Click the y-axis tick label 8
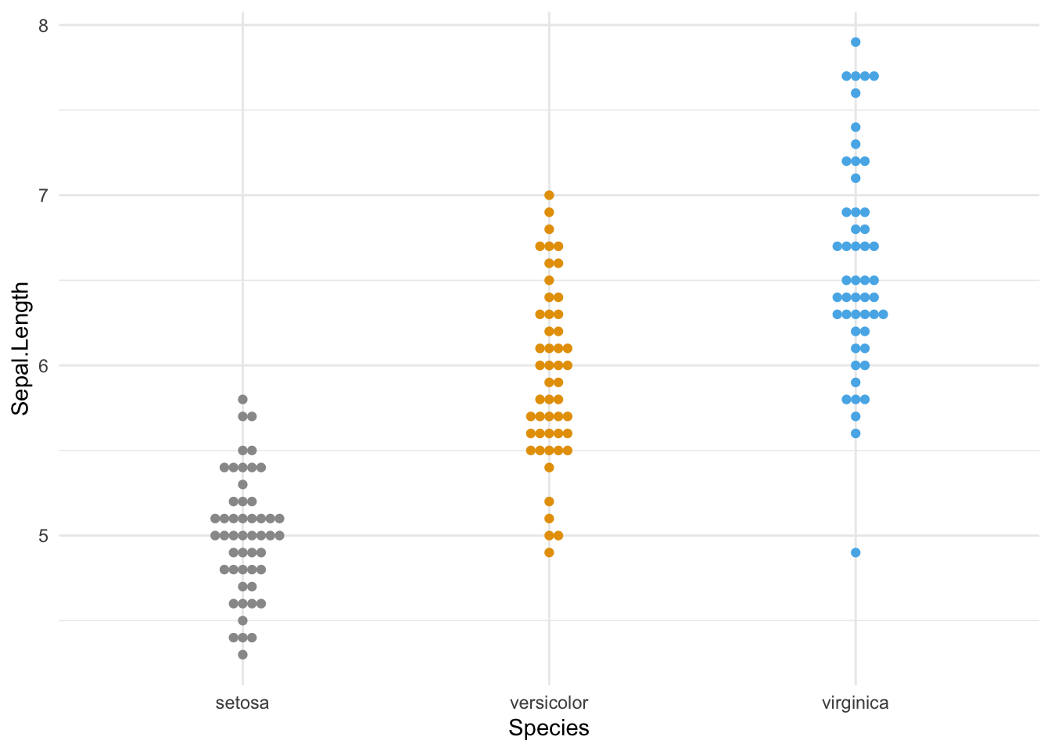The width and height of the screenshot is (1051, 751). coord(43,26)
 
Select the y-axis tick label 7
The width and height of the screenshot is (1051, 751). coord(43,196)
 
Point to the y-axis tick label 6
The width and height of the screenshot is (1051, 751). coord(43,365)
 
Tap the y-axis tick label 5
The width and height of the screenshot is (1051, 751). coord(43,536)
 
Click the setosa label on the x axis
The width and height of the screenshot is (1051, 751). coord(242,702)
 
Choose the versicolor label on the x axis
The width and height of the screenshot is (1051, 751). coord(549,702)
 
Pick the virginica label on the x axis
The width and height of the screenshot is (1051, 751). coord(855,702)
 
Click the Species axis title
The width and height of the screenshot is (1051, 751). coord(549,728)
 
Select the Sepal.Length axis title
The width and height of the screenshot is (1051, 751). coord(21,348)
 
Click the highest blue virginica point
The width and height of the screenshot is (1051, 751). coord(856,42)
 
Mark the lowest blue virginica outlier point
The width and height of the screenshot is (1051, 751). coord(856,552)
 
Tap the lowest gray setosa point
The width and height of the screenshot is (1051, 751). coord(242,655)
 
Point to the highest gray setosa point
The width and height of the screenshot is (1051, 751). coord(242,400)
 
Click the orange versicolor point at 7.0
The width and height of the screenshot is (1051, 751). coord(549,196)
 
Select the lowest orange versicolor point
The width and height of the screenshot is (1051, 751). coord(549,552)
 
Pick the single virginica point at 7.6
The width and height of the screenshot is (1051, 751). coord(856,93)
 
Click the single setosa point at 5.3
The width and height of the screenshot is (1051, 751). coord(242,484)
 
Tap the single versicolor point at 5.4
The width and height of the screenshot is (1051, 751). coord(549,468)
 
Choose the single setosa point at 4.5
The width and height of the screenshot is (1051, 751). coord(242,620)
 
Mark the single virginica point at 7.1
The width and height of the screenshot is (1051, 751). coord(856,178)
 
